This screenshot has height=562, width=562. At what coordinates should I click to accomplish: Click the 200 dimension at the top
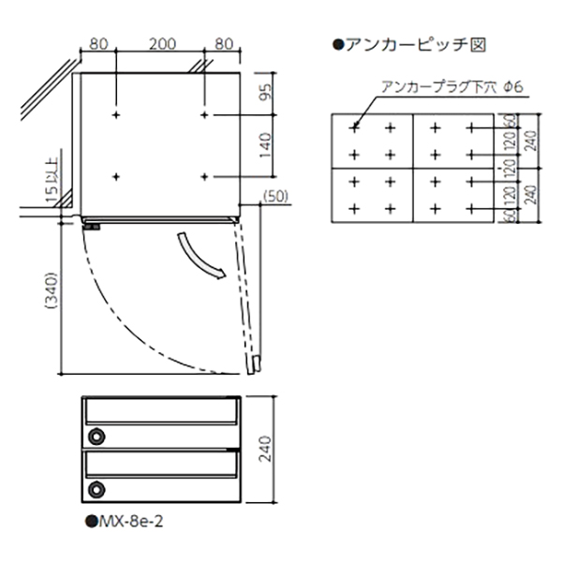[162, 44]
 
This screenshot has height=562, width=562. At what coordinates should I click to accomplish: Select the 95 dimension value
[266, 92]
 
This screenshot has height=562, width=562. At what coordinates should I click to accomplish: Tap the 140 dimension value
[266, 145]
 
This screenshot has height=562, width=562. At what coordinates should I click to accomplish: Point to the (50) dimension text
[275, 197]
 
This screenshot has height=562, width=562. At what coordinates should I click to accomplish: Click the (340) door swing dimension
[51, 290]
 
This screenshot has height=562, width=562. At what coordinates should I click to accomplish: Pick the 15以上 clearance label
[52, 182]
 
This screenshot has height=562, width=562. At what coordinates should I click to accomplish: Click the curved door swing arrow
[200, 257]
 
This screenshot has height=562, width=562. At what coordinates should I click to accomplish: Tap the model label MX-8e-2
[124, 521]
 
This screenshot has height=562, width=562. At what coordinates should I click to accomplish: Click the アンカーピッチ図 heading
[409, 45]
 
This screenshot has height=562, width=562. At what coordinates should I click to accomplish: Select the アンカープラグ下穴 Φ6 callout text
[452, 87]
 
